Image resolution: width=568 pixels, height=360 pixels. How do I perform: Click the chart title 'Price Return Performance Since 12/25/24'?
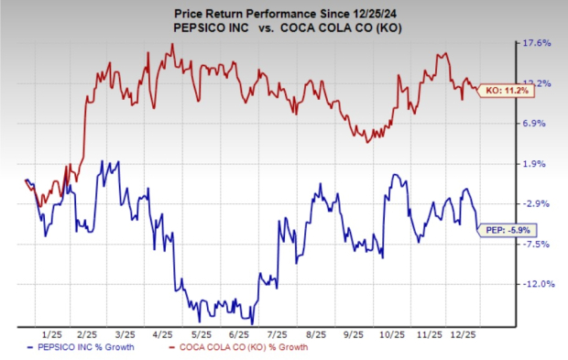283,10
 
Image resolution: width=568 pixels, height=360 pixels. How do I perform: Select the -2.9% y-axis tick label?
535,203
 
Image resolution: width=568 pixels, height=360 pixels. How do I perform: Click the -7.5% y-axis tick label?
535,244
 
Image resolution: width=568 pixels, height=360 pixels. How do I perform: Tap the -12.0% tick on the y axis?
533,284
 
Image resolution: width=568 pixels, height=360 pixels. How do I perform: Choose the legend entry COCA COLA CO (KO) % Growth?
241,348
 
